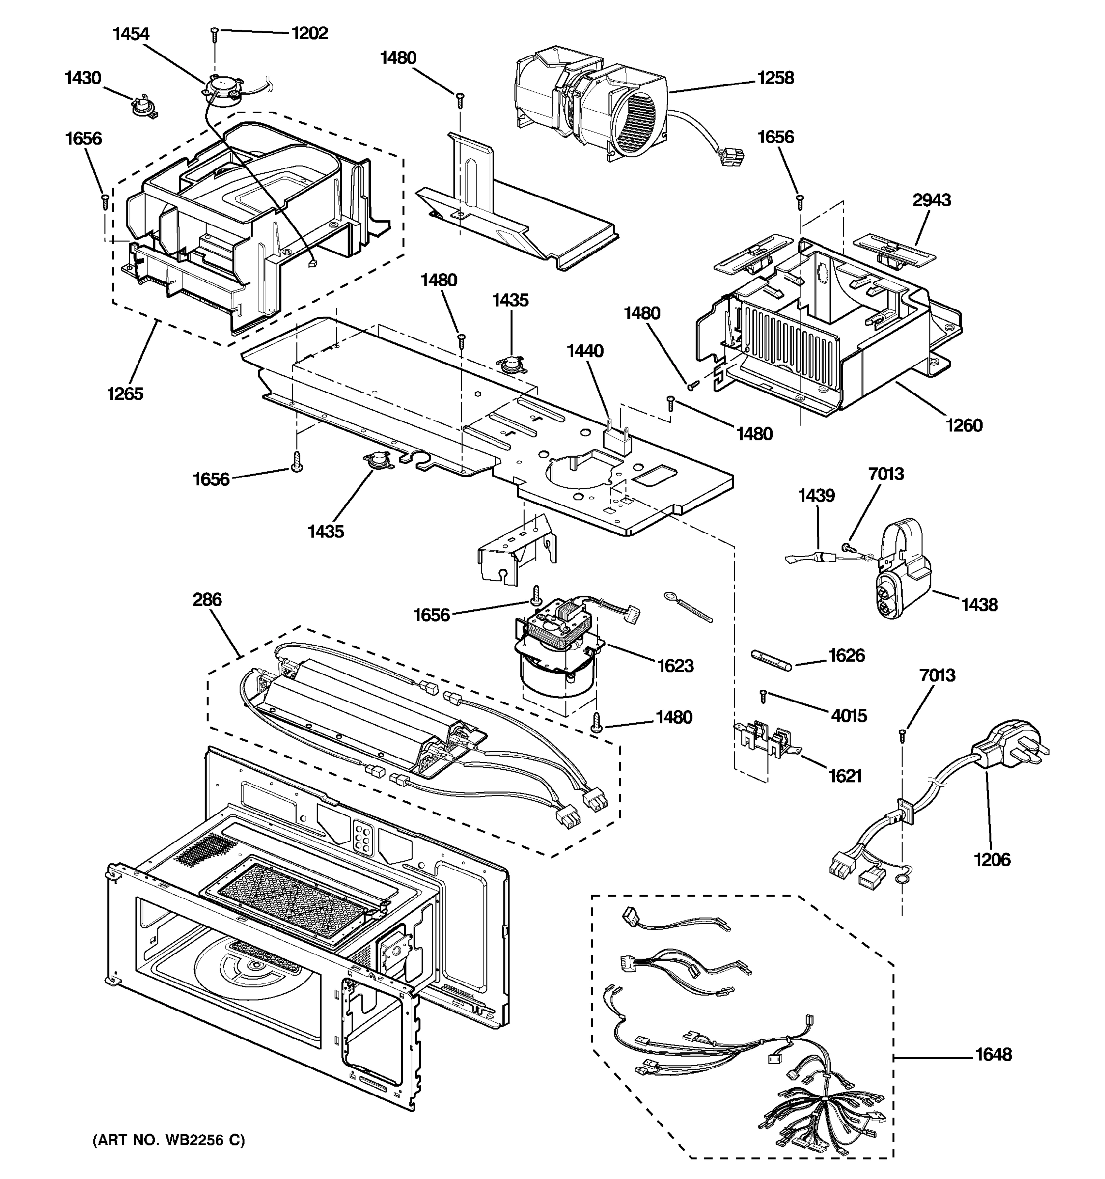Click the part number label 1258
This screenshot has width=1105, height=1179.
tap(775, 78)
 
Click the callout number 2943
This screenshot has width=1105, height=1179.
tap(931, 200)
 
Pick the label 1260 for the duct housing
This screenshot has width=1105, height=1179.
tap(964, 425)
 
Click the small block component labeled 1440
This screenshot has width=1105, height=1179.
tap(616, 440)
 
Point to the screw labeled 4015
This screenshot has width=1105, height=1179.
tap(764, 696)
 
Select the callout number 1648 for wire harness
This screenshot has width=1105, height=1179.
tap(994, 1054)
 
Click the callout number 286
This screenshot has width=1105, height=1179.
tap(207, 600)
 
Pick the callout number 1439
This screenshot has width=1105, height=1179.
tap(816, 495)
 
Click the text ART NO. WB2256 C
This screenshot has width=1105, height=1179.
tap(168, 1140)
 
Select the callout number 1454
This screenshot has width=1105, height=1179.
tap(131, 34)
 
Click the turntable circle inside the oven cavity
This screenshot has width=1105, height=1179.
tap(255, 967)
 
